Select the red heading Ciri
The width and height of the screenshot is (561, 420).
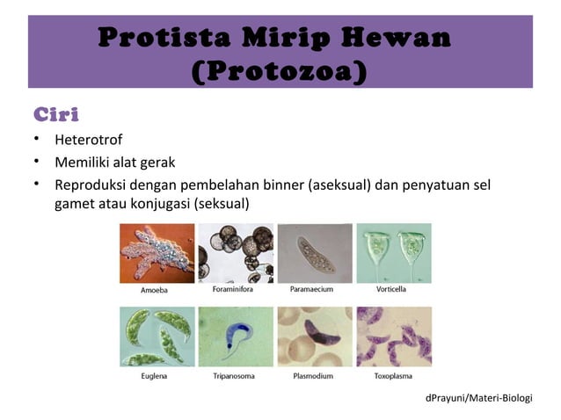click(x=56, y=115)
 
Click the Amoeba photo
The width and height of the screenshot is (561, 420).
click(x=157, y=253)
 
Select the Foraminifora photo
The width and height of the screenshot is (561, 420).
click(x=235, y=253)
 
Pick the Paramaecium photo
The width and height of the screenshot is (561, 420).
click(x=314, y=253)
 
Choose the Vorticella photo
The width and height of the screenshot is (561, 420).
click(x=393, y=253)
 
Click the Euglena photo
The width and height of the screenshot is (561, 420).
click(x=157, y=337)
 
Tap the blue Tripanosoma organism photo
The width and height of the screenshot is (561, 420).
click(x=235, y=337)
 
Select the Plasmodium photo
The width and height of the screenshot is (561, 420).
click(x=314, y=337)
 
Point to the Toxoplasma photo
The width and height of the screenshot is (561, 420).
click(x=393, y=337)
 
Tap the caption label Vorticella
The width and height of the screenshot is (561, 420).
click(x=393, y=289)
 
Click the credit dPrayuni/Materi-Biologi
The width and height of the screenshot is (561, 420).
click(x=478, y=399)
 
